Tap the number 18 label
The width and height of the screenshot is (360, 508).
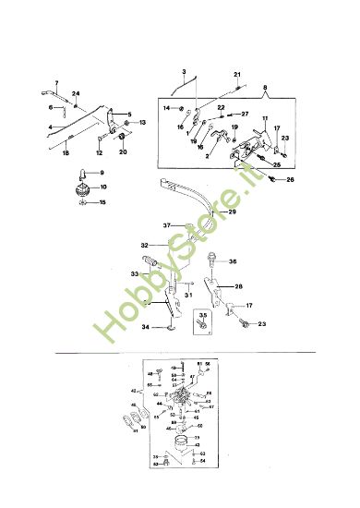[x=66, y=154]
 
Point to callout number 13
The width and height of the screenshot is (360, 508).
[x=142, y=123]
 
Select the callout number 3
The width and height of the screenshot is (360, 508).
[x=184, y=72]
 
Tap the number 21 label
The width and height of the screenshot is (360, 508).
[x=236, y=74]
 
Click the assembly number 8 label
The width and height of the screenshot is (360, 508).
[x=267, y=89]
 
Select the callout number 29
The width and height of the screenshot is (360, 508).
[x=232, y=212]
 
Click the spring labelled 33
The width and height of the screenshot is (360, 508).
[x=151, y=267]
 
